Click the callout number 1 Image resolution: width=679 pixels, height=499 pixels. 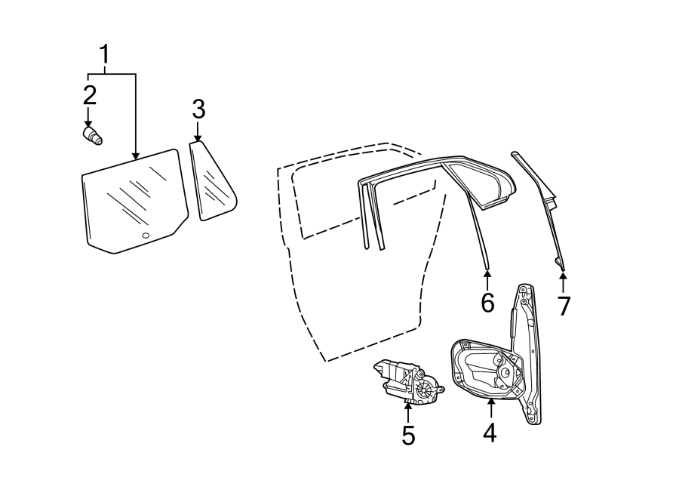pyautogui.click(x=106, y=55)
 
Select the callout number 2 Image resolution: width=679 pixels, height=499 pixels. pyautogui.click(x=89, y=95)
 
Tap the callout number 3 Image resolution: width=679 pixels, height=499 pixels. pyautogui.click(x=198, y=110)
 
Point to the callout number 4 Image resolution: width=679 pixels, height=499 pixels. pyautogui.click(x=490, y=433)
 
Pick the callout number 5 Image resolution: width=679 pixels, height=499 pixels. pyautogui.click(x=408, y=436)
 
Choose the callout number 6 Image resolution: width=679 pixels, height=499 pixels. pyautogui.click(x=487, y=303)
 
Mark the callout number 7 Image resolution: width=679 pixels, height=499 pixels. pyautogui.click(x=564, y=306)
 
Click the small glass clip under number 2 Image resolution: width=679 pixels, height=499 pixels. pyautogui.click(x=93, y=136)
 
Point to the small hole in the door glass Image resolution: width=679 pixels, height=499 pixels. pyautogui.click(x=146, y=236)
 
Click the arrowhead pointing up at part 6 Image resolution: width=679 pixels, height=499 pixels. pyautogui.click(x=487, y=273)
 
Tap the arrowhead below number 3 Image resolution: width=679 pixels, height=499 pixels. pyautogui.click(x=198, y=138)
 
